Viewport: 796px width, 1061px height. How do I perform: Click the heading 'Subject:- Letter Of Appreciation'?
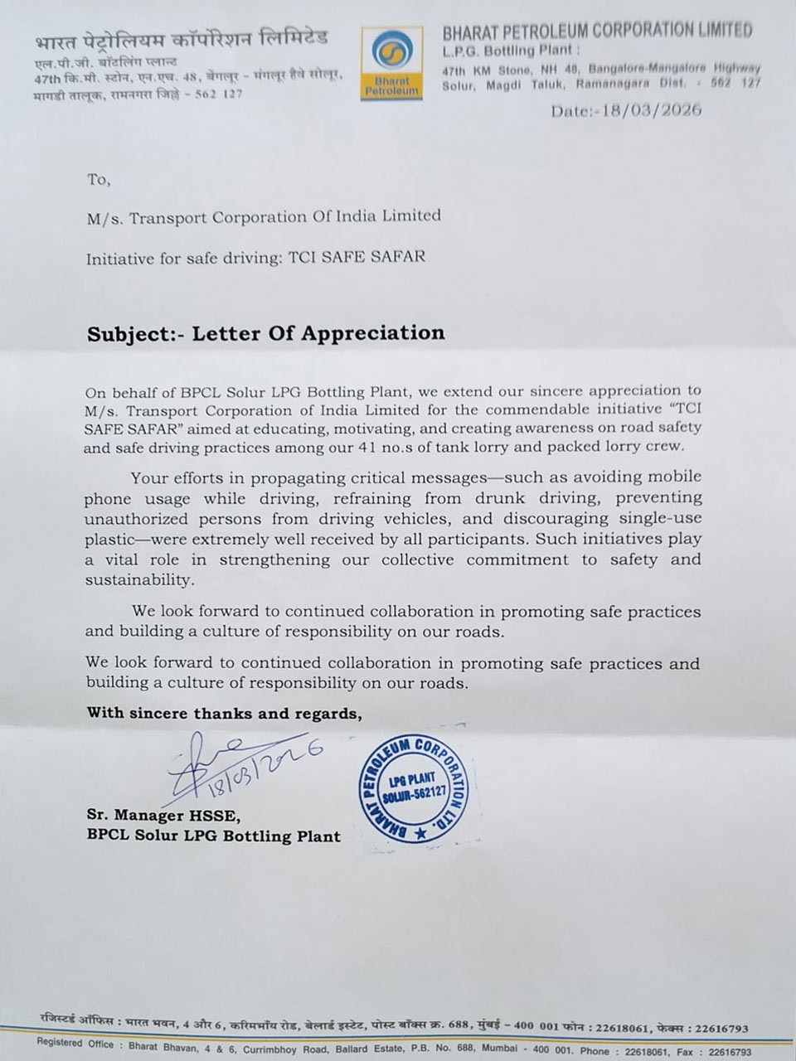(x=266, y=333)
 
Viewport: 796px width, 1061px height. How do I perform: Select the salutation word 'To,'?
(x=98, y=179)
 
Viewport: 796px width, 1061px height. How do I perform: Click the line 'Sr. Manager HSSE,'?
(x=163, y=816)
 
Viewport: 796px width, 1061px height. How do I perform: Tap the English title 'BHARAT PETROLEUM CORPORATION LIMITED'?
(x=597, y=31)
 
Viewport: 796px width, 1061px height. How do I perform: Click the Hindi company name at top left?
(x=182, y=38)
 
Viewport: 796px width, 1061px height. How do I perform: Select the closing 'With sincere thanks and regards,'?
(x=225, y=713)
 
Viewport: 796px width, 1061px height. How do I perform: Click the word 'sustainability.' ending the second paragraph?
(x=132, y=580)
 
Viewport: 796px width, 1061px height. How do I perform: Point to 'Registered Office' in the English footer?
(x=75, y=1044)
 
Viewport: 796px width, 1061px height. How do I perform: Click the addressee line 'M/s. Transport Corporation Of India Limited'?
(x=264, y=216)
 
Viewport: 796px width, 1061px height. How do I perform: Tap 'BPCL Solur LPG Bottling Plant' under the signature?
(x=214, y=836)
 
